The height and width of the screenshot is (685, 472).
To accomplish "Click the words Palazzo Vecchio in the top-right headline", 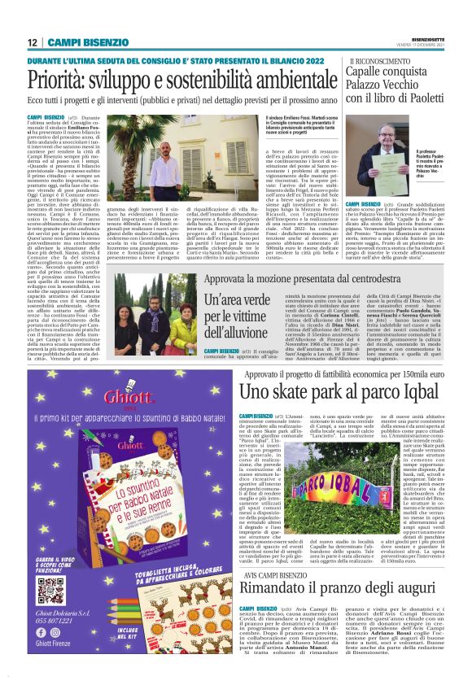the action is (x=385, y=85).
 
